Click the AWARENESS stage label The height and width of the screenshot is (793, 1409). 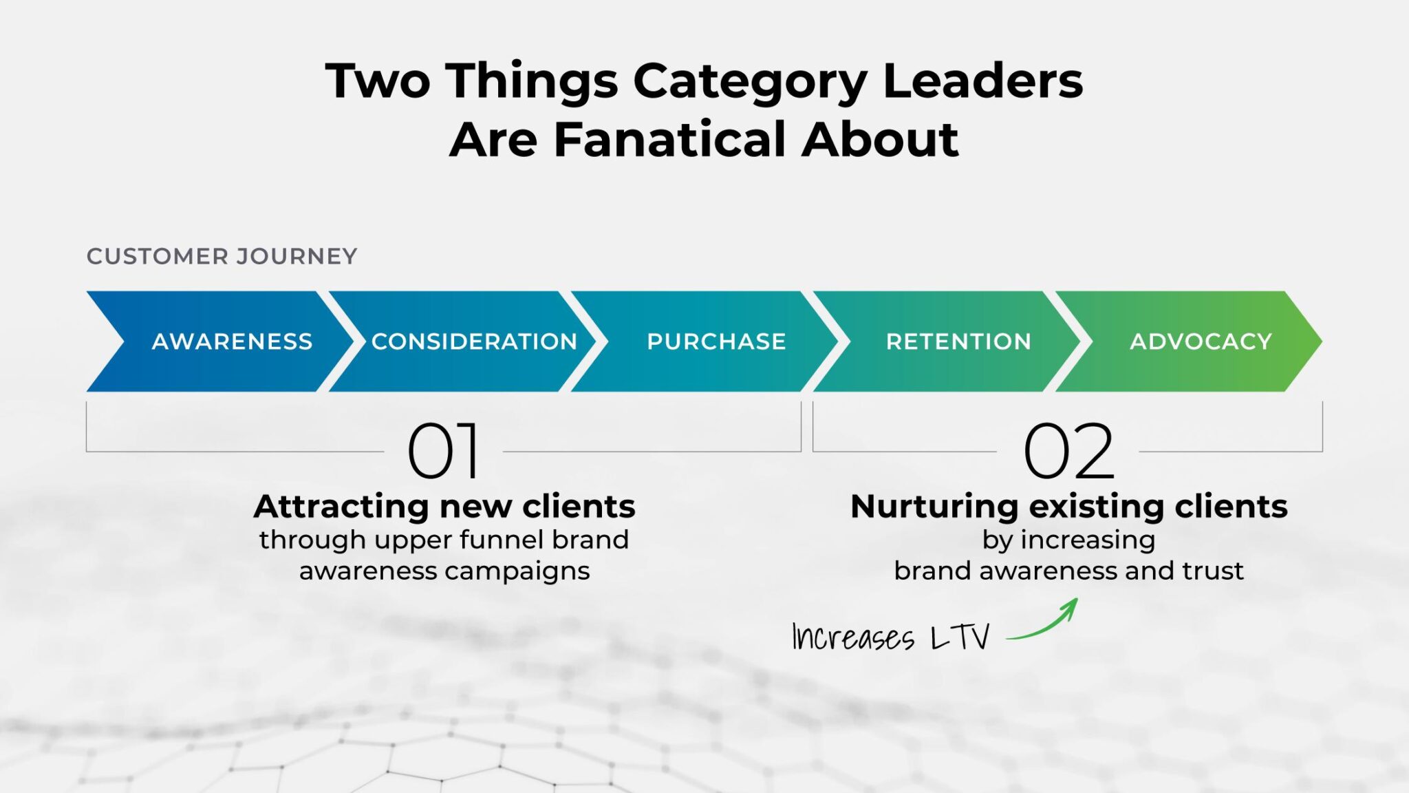[232, 341]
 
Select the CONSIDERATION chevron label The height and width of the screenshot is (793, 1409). [474, 341]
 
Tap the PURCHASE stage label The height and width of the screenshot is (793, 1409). [716, 341]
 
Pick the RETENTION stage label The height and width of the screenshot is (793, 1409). [958, 341]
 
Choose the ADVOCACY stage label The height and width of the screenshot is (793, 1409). [1201, 341]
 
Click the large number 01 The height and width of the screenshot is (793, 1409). [444, 451]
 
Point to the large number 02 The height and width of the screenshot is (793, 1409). [1068, 451]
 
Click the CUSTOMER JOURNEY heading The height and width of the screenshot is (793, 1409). [222, 256]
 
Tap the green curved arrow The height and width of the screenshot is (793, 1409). [1046, 623]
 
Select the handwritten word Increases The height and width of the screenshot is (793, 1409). [853, 637]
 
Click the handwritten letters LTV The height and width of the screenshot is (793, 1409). [960, 637]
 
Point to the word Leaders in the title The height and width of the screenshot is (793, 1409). [982, 81]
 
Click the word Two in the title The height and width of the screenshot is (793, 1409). [378, 81]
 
